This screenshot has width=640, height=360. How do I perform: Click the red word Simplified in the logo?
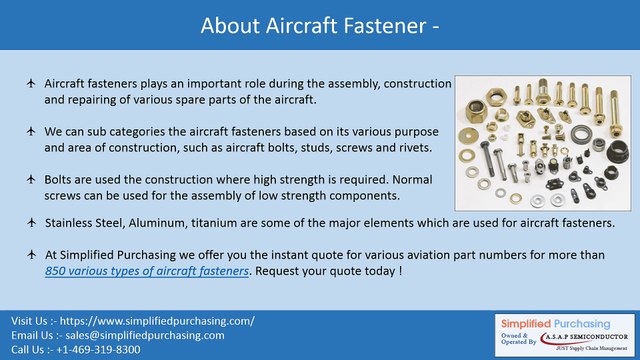(531, 322)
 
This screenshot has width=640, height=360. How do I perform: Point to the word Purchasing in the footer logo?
(593, 322)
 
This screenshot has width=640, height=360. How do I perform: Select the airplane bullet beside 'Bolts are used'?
(31, 177)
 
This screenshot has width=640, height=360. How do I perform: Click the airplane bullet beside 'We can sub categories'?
(31, 131)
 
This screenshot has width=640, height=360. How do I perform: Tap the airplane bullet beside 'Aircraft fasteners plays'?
(31, 85)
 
